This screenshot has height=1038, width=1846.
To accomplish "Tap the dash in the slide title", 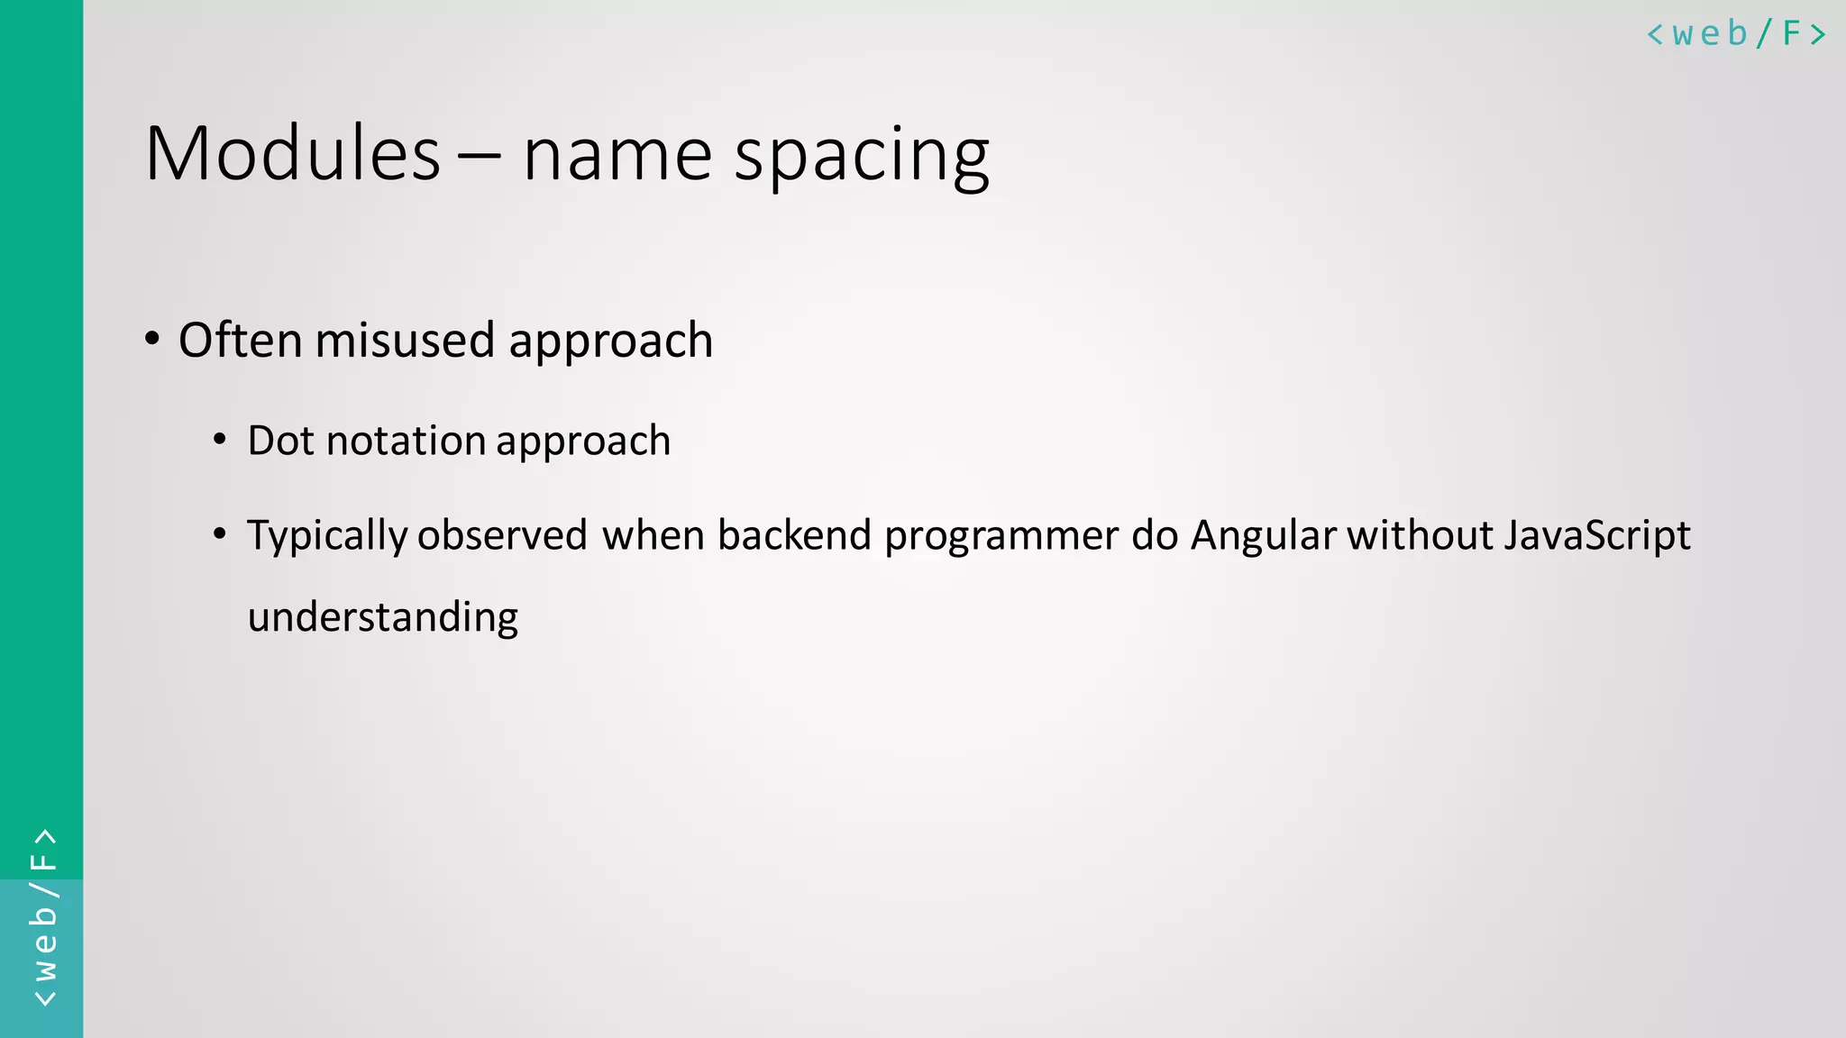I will [x=479, y=155].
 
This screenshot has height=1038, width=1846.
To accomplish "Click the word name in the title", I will [x=617, y=155].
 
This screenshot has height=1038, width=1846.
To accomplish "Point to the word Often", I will [x=240, y=341].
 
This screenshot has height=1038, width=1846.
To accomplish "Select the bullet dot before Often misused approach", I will [x=152, y=340].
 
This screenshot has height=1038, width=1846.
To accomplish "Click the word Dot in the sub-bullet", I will [x=279, y=441].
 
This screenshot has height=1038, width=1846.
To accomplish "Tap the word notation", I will [x=406, y=441].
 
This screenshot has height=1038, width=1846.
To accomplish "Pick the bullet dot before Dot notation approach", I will [x=220, y=440].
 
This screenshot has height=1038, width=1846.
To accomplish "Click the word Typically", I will [x=327, y=536].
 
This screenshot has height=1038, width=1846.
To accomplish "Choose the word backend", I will [x=794, y=535].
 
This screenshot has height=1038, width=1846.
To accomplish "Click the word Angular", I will [x=1263, y=535].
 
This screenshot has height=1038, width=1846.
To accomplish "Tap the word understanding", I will [x=383, y=618].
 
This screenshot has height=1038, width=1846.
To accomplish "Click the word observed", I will [x=502, y=535].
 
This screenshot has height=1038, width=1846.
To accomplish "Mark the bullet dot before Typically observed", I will [x=220, y=534].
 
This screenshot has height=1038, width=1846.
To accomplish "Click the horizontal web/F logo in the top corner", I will [x=1736, y=34].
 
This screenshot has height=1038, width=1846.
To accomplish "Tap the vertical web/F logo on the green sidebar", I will [x=43, y=917].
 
